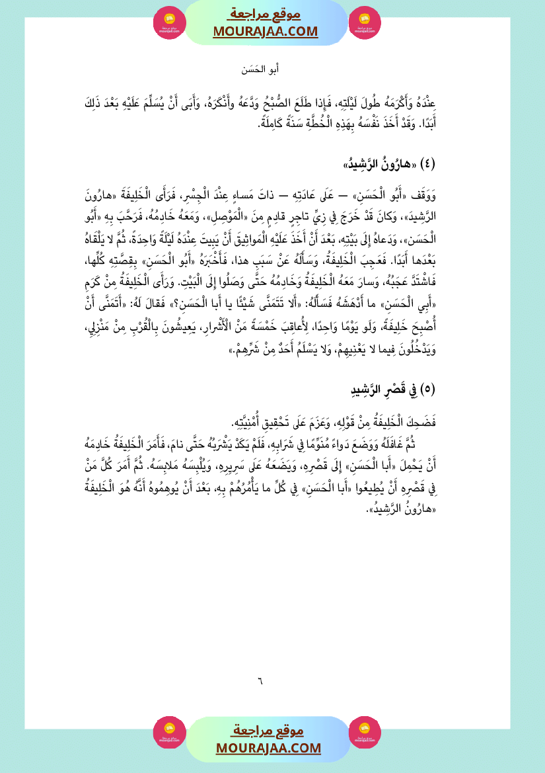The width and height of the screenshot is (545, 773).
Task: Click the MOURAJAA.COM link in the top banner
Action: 266,32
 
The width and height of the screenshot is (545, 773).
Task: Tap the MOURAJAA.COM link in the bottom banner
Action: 268,748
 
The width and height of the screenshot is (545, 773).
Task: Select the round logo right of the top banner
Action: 365,22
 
